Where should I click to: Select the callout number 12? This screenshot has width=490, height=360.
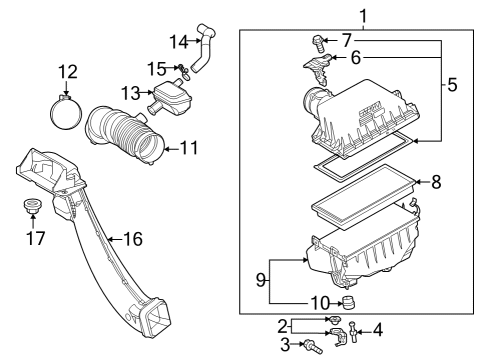coord(67,72)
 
